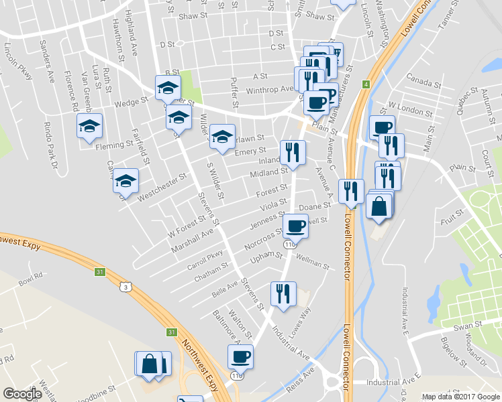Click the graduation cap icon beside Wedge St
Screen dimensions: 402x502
tap(168, 87)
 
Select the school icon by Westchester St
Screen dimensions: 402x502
tap(125, 181)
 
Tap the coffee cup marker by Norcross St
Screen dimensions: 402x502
tap(295, 226)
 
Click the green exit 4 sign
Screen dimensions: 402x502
tap(366, 84)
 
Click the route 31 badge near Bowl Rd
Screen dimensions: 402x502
tap(99, 271)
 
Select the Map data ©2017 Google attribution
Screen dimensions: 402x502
tap(460, 397)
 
